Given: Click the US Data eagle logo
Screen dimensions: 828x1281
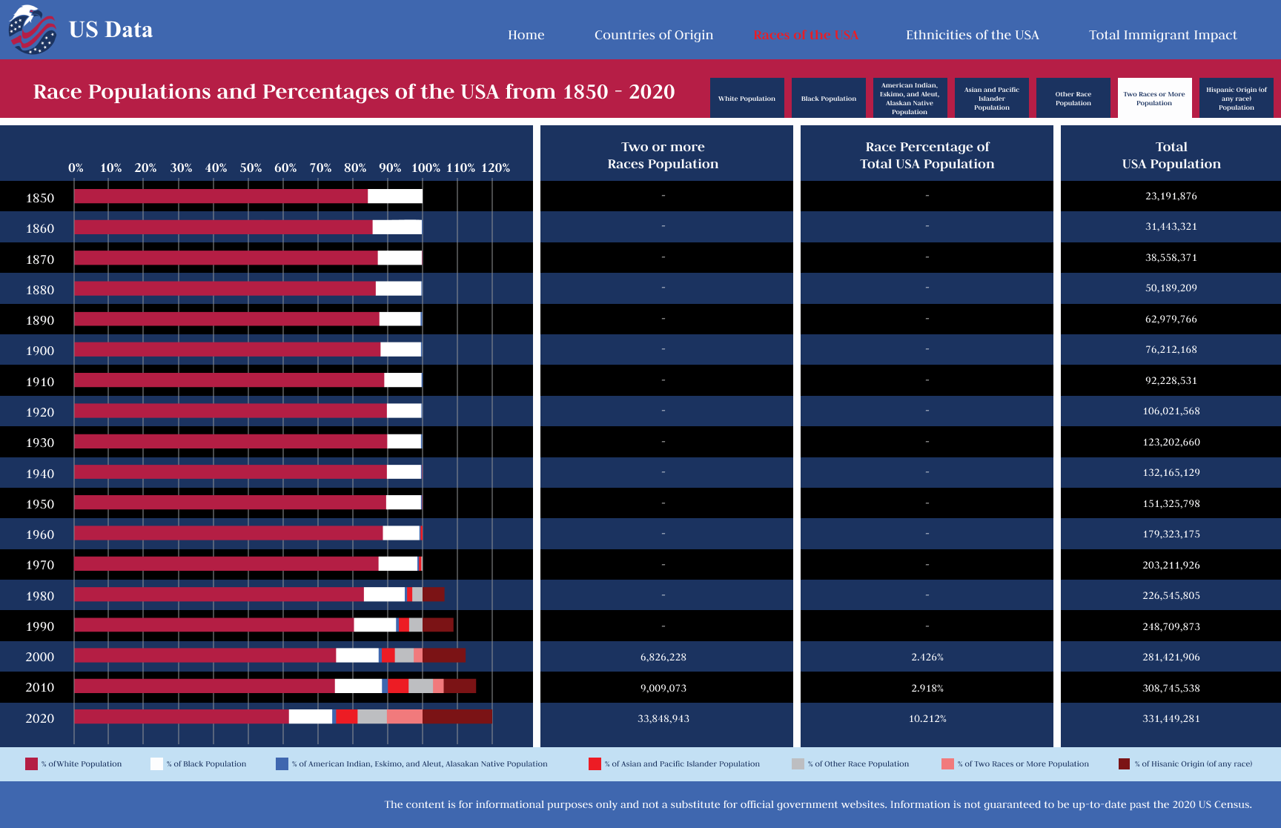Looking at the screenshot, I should (32, 30).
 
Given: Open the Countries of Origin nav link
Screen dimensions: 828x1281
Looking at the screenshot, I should (653, 35).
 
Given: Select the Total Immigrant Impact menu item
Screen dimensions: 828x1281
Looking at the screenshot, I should (1162, 35).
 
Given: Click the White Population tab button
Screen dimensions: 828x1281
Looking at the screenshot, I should (747, 98).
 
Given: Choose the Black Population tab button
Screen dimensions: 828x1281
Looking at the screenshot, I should (828, 98).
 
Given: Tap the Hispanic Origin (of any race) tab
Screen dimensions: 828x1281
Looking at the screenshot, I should (1236, 98).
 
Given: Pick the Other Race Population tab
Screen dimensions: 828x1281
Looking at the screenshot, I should (1073, 98).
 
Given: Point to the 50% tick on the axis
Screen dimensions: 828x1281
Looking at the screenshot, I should (251, 168).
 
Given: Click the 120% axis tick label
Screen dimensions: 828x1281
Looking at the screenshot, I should (495, 168).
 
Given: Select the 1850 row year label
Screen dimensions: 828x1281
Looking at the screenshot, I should (40, 198).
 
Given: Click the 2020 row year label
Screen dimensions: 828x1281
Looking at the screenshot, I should (40, 718).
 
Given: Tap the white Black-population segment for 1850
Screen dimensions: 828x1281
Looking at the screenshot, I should (394, 196).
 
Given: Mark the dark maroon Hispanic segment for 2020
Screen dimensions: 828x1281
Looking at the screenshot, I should (457, 717).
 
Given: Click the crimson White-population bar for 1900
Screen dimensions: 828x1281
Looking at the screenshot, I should (227, 349).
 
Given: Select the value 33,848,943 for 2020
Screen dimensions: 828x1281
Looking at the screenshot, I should (663, 718).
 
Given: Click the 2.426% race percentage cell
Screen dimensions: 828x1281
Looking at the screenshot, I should (927, 657).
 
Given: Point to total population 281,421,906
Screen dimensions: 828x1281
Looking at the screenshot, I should (1171, 657).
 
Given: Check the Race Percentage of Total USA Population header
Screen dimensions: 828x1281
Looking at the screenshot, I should (927, 155).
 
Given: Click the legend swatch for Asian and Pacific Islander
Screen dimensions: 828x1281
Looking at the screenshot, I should (595, 764).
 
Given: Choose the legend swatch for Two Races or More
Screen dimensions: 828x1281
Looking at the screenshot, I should (947, 764).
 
